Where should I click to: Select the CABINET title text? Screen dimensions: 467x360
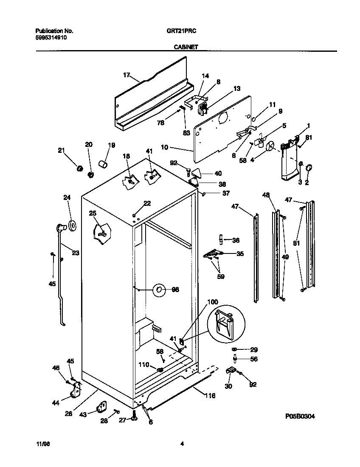coord(186,48)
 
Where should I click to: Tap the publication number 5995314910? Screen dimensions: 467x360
coord(51,37)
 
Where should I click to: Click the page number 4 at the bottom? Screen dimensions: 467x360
coord(182,444)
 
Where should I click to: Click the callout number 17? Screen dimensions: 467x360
coord(127,75)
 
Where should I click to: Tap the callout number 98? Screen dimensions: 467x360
coord(175,290)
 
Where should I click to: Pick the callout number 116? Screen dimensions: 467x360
coord(210,396)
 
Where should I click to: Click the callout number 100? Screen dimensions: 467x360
coord(213,302)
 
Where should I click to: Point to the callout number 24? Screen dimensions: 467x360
coord(67,197)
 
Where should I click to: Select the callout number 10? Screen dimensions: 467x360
coord(165,147)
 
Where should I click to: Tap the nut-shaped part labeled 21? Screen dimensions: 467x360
coord(78,169)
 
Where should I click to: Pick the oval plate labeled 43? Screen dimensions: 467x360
coord(101,408)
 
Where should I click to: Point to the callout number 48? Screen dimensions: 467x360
coord(266,195)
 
